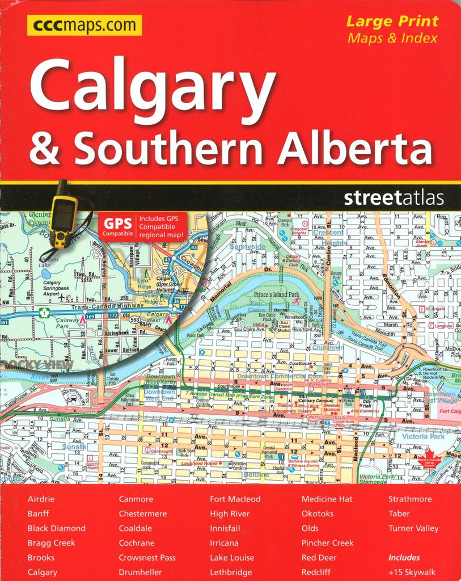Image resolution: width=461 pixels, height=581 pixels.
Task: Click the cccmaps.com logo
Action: point(84,26)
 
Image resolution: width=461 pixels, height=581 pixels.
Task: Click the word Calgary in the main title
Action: point(154,85)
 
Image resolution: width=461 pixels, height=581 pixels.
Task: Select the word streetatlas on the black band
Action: point(393,198)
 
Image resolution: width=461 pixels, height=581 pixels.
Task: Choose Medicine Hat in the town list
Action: point(327,499)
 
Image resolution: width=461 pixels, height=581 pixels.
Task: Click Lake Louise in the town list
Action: point(232,558)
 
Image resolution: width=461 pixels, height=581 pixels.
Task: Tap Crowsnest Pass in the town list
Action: point(147,558)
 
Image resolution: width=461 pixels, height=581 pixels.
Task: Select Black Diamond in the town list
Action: point(56,528)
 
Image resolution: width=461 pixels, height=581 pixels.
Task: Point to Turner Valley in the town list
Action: point(413,528)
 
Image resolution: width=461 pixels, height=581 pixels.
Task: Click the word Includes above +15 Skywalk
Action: point(404,558)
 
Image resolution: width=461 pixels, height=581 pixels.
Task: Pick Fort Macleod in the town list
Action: point(235,499)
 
